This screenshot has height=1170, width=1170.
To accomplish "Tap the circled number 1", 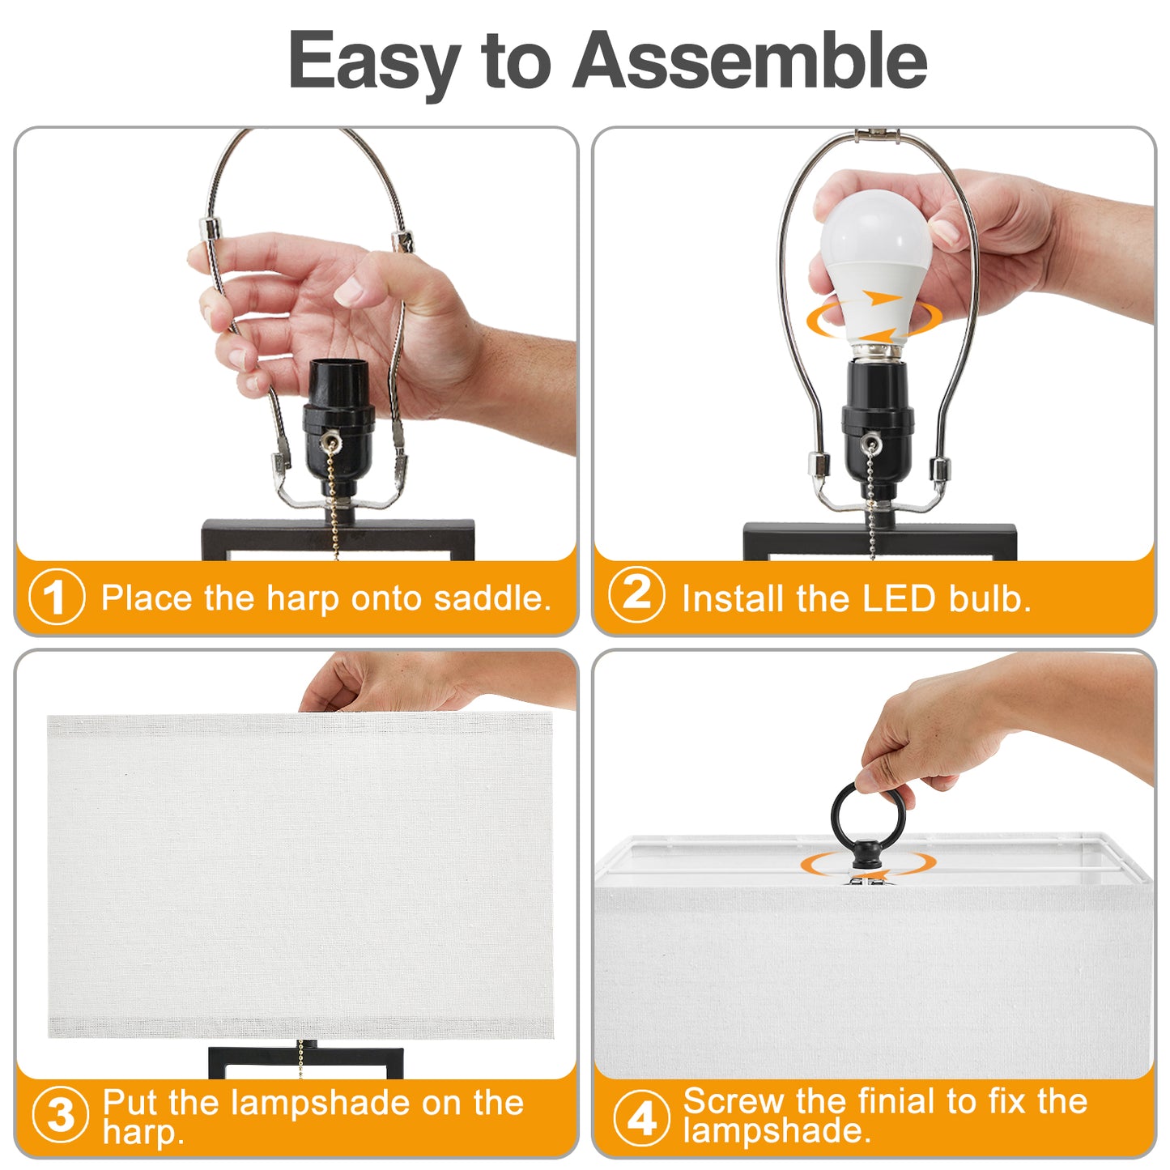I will click(x=56, y=598).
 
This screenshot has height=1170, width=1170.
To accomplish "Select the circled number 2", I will click(x=636, y=595).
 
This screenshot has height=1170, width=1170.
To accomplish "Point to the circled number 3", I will click(x=60, y=1116).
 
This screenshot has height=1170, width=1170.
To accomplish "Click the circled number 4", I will click(x=641, y=1118).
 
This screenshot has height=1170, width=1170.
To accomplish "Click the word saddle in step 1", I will click(x=491, y=598).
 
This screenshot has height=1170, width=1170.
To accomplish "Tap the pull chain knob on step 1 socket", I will click(x=329, y=442).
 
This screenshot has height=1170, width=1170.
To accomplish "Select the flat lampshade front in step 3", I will click(x=300, y=874).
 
